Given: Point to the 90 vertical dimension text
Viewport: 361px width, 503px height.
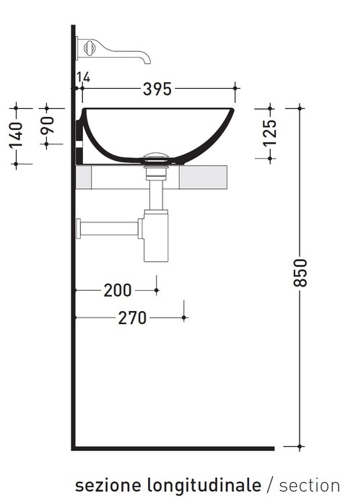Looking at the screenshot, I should click(x=48, y=126).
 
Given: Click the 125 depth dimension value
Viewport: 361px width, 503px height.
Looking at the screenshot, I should click(x=269, y=133).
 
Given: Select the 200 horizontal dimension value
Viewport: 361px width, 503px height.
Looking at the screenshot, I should click(x=118, y=290).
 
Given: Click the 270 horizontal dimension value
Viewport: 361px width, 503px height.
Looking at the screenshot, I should click(x=132, y=318).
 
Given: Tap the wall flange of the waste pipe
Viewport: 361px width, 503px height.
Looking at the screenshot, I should click(x=79, y=229).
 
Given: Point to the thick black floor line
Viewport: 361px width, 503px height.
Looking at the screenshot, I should click(x=173, y=448).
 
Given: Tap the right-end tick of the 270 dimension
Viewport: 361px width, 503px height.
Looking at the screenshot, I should click(x=185, y=317).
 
